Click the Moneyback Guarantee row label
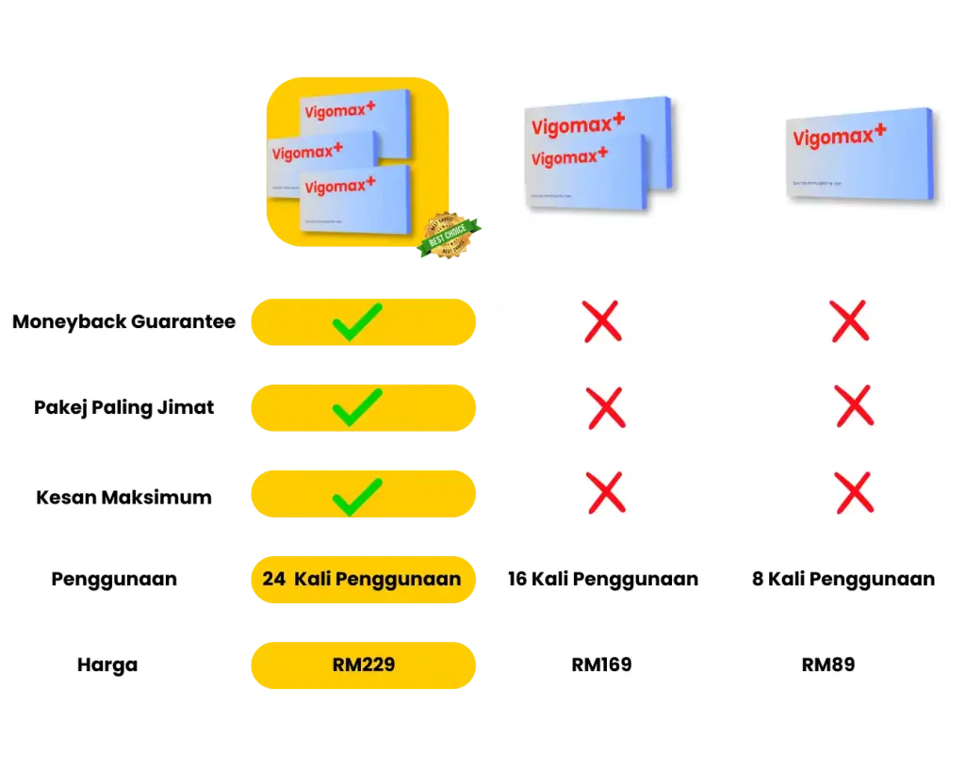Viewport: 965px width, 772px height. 123,321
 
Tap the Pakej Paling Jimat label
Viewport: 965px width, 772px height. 123,408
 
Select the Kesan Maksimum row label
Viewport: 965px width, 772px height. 123,497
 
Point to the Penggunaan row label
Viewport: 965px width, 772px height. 114,579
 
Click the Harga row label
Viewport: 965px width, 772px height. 107,665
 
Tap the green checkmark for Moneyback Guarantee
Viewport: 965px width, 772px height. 356,321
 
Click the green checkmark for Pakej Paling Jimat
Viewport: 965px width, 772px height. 356,408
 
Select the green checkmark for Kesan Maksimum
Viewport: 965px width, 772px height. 356,496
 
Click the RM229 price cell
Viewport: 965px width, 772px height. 363,665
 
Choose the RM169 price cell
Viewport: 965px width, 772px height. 601,665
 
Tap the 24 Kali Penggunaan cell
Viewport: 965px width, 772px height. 362,579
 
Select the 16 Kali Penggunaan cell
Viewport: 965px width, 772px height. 603,579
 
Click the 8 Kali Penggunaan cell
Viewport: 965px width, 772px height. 842,579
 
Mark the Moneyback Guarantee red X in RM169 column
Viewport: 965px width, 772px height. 603,321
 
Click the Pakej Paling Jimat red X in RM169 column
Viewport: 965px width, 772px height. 605,408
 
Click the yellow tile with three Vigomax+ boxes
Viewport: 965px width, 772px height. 358,160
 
